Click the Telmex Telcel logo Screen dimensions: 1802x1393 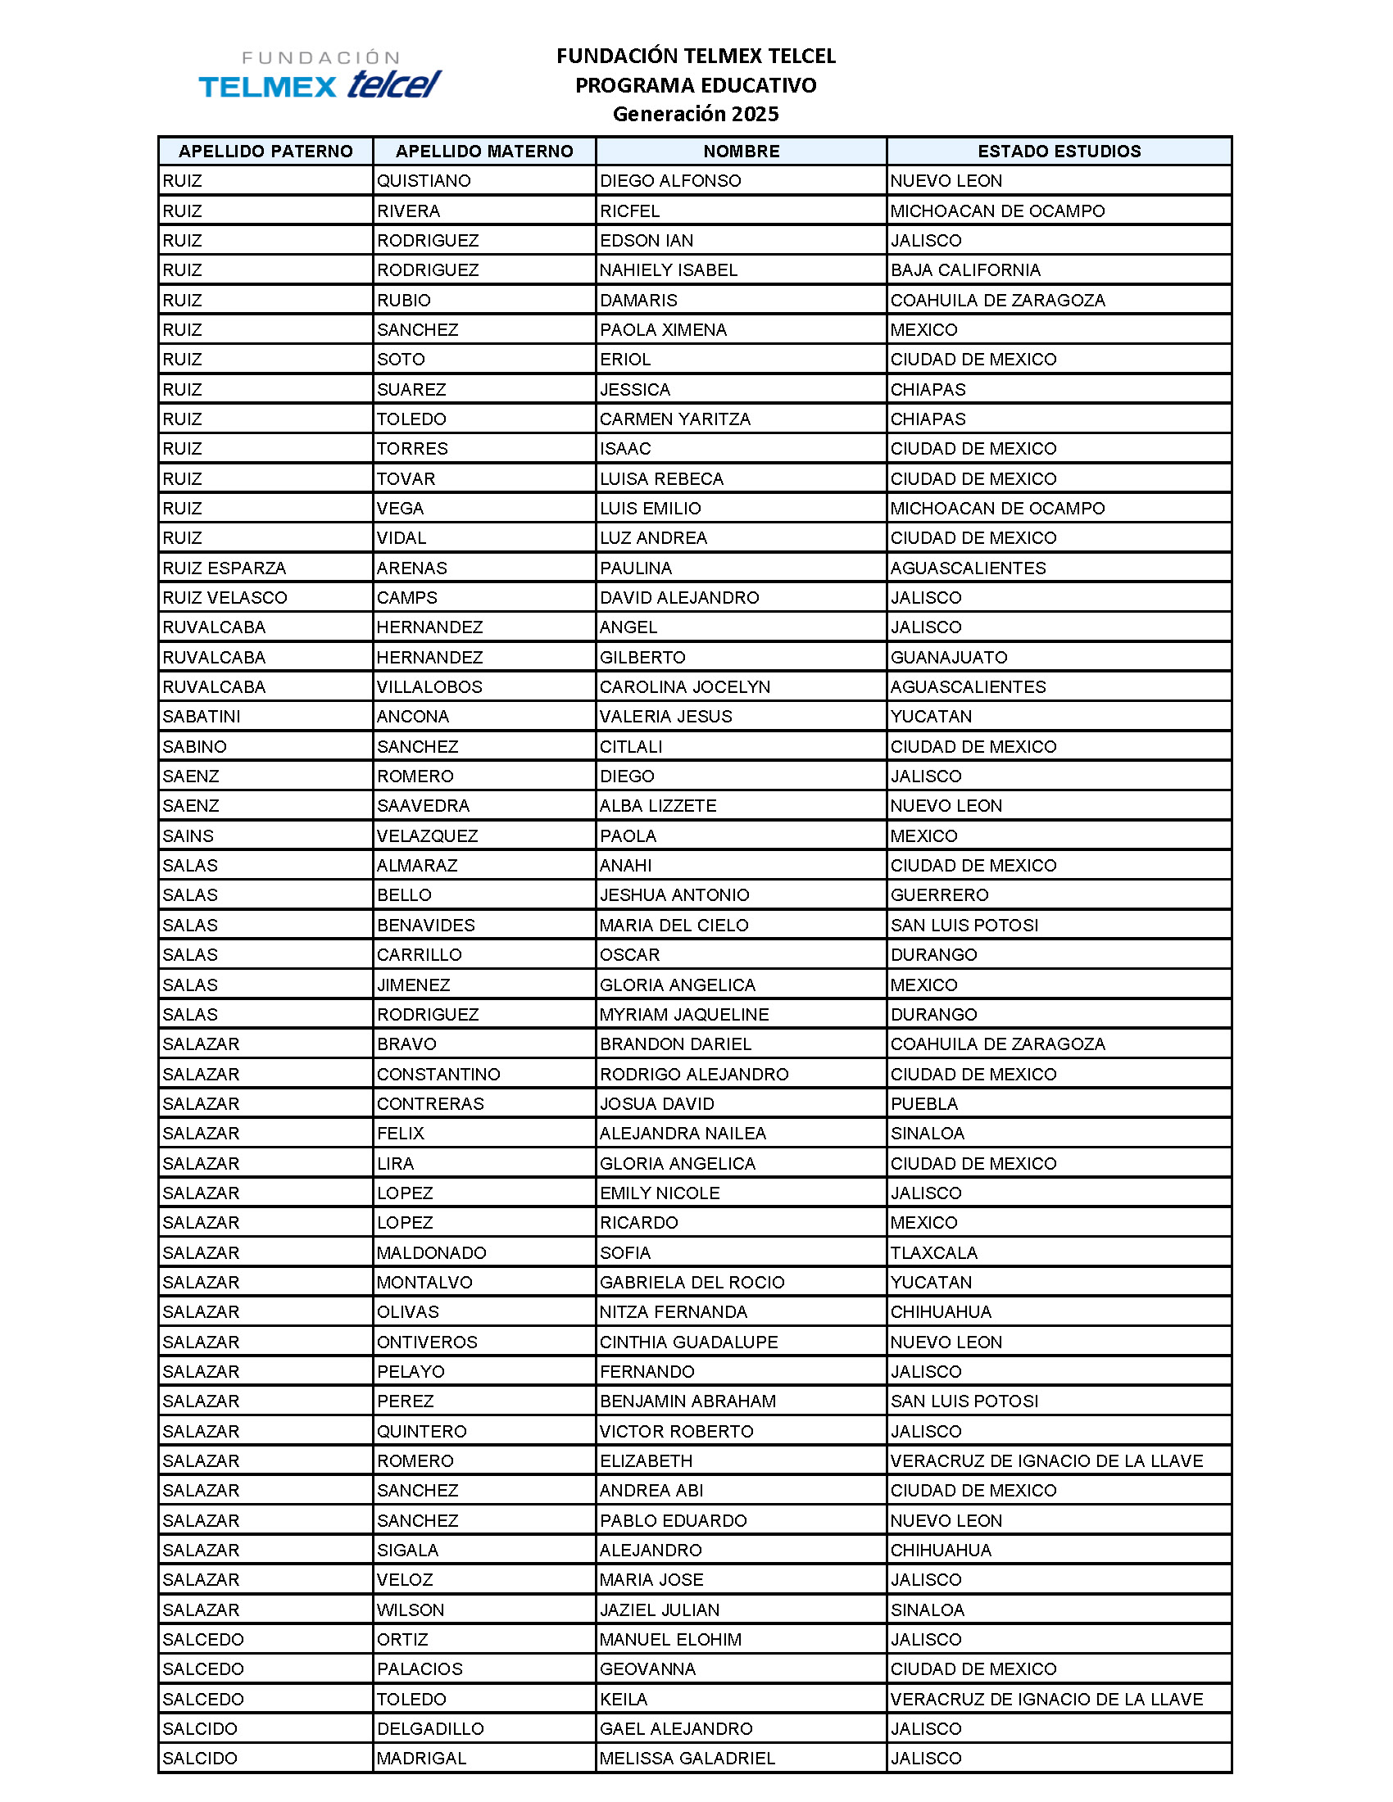pos(320,75)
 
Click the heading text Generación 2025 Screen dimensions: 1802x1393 pos(695,114)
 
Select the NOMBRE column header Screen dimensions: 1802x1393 pos(740,151)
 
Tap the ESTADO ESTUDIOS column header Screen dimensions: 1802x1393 pos(1059,151)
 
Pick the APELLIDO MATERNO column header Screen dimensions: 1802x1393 pos(483,151)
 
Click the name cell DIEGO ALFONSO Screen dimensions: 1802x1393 pos(670,181)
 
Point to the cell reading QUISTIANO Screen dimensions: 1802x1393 pos(424,181)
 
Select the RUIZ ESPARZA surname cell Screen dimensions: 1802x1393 pos(224,568)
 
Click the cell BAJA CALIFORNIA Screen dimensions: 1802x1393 pos(964,269)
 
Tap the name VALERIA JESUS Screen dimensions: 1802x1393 pos(665,716)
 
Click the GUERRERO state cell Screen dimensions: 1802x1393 pos(939,894)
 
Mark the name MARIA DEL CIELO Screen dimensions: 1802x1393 pos(674,925)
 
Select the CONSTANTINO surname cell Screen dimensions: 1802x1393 pos(438,1074)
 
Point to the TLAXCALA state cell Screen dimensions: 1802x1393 pos(933,1252)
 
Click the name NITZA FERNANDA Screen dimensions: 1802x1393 pos(673,1312)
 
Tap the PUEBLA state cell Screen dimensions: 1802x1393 pos(923,1103)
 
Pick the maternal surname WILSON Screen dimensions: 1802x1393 pos(411,1610)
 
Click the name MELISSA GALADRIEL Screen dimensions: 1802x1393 pos(687,1759)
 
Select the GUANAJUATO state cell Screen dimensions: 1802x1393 pos(948,657)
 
